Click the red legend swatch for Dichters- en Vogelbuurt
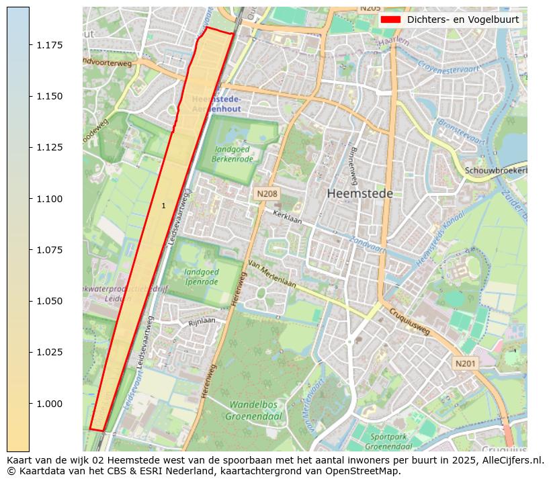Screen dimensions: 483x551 click(x=390, y=19)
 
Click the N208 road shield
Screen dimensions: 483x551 click(x=267, y=194)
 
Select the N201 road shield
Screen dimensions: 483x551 click(x=465, y=363)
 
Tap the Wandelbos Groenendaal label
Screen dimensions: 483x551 click(x=255, y=410)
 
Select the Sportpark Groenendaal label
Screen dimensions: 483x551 click(x=390, y=441)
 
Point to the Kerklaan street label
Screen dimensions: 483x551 click(x=287, y=218)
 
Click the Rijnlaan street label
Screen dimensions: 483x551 click(x=202, y=321)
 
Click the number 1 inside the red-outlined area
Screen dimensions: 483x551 click(x=163, y=206)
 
